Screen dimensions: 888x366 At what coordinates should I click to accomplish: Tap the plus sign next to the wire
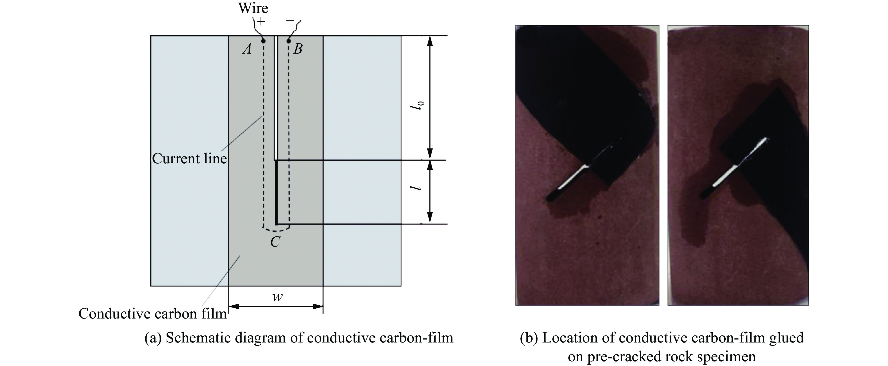coord(261,22)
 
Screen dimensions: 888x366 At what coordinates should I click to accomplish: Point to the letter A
coord(247,49)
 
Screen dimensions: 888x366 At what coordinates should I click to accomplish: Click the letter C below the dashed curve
coord(275,242)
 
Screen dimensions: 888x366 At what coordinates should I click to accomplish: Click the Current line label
coord(189,158)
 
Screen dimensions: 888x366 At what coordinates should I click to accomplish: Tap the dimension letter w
coord(277,296)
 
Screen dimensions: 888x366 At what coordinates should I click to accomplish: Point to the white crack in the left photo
coord(572,178)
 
